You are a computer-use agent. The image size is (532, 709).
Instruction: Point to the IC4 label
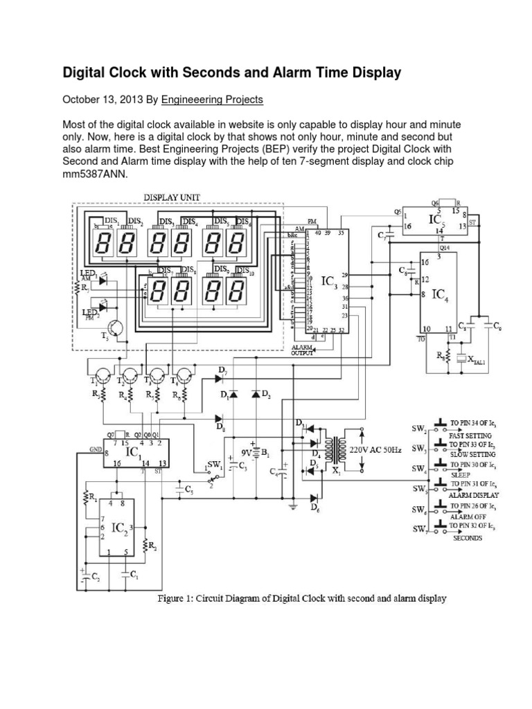pyautogui.click(x=442, y=294)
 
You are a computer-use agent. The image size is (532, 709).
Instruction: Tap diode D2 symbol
pyautogui.click(x=257, y=394)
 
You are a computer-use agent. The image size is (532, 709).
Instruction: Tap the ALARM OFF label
pyautogui.click(x=467, y=516)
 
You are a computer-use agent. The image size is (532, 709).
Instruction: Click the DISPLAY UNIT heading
pyautogui.click(x=172, y=197)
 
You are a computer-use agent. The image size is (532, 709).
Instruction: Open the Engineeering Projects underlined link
pyautogui.click(x=212, y=100)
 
